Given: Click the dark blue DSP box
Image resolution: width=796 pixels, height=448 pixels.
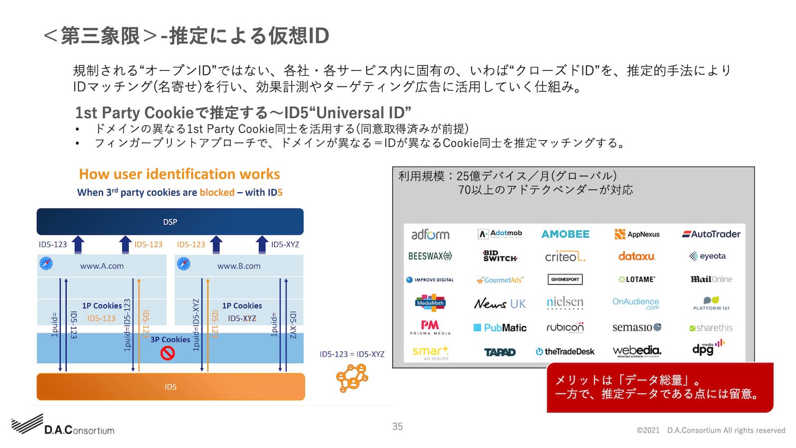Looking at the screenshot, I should click(170, 222).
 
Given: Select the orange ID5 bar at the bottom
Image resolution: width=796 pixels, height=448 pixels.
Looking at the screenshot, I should click(171, 387).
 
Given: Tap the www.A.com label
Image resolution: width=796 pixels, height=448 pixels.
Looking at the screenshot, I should click(102, 266).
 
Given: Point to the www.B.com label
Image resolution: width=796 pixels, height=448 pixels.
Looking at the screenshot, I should click(239, 266).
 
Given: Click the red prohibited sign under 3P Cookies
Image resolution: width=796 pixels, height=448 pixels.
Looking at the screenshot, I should click(168, 353).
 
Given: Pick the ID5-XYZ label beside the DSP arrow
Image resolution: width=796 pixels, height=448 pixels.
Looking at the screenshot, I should click(285, 244).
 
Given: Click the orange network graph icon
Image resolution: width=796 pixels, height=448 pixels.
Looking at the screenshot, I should click(352, 378).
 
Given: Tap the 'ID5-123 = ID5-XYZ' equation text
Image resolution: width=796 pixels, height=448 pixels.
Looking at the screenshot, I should click(352, 354).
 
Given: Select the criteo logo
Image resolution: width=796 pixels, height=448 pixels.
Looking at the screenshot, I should click(565, 257).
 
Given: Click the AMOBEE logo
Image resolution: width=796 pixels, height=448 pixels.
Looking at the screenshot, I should click(565, 234).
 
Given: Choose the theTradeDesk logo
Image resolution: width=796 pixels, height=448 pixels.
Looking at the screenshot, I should click(565, 351).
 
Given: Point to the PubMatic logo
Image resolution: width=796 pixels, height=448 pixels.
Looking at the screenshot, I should click(499, 328).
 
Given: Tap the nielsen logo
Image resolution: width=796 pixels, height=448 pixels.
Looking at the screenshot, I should click(565, 303).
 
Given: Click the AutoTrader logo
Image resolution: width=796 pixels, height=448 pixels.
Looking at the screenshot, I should click(711, 234).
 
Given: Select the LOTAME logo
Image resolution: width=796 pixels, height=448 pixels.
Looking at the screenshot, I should click(637, 280).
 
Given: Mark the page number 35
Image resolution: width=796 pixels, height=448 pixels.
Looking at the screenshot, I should click(398, 427).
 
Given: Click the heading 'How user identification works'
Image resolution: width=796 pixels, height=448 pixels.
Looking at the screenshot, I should click(179, 174).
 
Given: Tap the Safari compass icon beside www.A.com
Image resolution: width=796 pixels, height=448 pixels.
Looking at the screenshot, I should click(46, 263).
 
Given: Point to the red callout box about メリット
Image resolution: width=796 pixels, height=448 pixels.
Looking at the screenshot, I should click(660, 387).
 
